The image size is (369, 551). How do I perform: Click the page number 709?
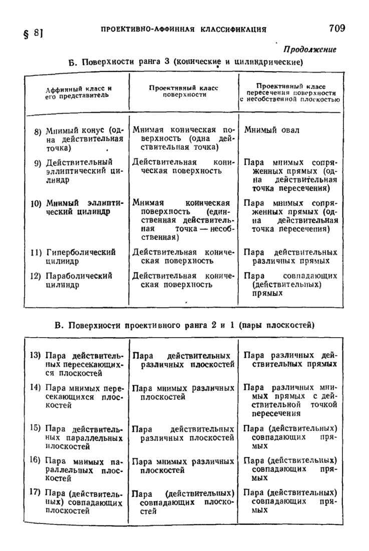(x=337, y=28)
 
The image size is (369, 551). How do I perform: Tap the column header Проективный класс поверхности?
(x=184, y=91)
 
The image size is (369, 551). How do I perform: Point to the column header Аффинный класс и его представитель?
(x=78, y=92)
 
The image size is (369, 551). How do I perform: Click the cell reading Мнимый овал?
(x=272, y=130)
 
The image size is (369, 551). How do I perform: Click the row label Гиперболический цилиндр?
(x=80, y=256)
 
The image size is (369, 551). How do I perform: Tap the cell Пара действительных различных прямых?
(x=290, y=256)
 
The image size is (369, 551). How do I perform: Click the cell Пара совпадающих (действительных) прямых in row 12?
(x=290, y=285)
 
